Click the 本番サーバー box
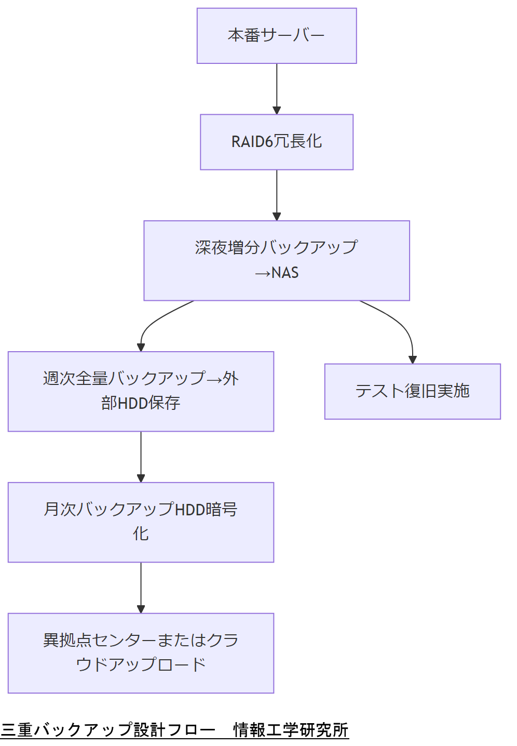[277, 36]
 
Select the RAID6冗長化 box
[277, 142]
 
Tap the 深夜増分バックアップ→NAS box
[277, 260]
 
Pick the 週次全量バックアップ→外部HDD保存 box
[141, 391]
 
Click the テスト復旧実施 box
[412, 391]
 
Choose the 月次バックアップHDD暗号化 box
[141, 522]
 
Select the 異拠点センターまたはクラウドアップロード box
[141, 653]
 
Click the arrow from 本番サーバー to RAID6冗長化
[277, 88]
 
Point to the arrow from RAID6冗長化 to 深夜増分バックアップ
[277, 195]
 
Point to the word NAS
[285, 273]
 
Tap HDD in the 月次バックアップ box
[190, 510]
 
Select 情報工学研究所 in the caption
[291, 730]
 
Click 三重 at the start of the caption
[17, 730]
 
